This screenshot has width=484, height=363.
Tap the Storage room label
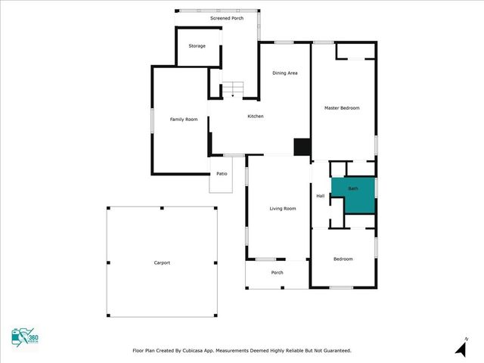point(197,46)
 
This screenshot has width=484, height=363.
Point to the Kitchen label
point(256,116)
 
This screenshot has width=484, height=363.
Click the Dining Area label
point(285,73)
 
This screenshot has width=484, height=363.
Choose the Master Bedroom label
point(342,108)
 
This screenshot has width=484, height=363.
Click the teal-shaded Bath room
point(353,195)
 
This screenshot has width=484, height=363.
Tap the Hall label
point(321,197)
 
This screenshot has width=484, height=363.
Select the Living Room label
point(283,209)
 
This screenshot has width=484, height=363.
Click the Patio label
point(222,174)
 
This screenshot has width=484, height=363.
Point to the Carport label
point(162,262)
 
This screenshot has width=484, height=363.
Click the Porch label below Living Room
point(277,273)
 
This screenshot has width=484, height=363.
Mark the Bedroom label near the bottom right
point(343,259)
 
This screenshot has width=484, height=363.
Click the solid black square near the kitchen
point(302,147)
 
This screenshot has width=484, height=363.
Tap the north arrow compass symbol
point(461,347)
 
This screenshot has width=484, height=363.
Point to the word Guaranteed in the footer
point(334,351)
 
